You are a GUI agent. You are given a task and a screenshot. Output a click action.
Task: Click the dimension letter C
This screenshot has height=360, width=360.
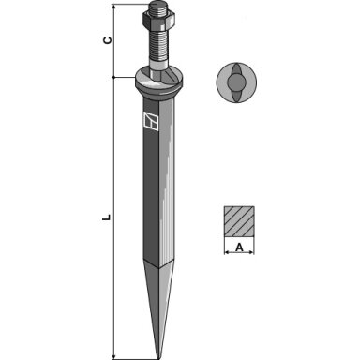(108, 40)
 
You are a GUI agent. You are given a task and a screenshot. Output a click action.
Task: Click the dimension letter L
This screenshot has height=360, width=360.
(107, 217)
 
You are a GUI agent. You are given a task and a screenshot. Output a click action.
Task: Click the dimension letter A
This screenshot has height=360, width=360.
(239, 247)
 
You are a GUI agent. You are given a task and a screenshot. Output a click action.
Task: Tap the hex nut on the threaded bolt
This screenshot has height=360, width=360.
(158, 20)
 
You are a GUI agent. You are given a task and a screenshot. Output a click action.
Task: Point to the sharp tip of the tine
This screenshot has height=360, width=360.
(158, 358)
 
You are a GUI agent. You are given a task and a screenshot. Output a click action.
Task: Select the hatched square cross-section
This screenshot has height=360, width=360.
(239, 221)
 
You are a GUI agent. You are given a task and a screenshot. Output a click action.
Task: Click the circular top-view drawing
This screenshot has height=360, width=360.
(236, 82)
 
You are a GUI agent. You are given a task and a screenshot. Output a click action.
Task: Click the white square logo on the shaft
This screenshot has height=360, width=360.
(151, 120)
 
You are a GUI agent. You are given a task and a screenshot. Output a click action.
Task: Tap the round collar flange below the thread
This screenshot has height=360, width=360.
(158, 82)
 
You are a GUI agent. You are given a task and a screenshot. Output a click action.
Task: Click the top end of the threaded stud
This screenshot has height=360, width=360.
(158, 4)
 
